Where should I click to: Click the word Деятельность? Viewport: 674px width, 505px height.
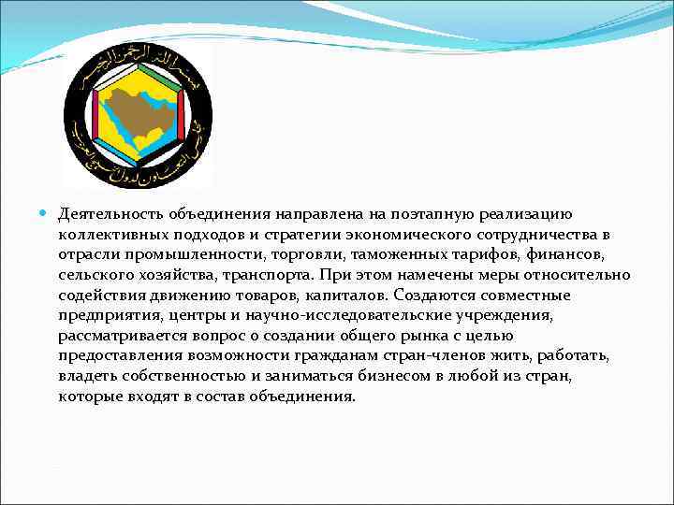pyautogui.click(x=110, y=216)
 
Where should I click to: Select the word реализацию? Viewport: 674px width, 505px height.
pyautogui.click(x=538, y=216)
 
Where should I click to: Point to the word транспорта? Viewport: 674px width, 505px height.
pyautogui.click(x=267, y=275)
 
